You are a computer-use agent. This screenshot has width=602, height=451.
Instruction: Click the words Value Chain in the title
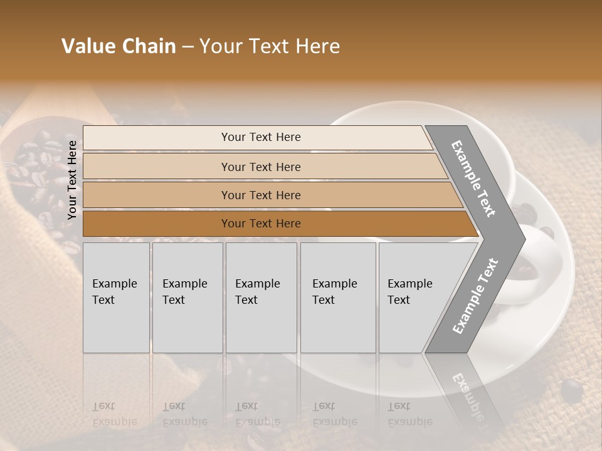[119, 46]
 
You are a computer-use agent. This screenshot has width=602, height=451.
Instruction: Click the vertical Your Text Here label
[72, 180]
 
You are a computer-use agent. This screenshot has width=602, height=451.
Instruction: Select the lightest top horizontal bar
[157, 138]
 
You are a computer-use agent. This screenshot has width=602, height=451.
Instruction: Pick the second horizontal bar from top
[157, 167]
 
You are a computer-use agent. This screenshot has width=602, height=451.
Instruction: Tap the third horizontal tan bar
[157, 195]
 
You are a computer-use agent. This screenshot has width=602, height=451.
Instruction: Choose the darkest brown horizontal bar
[157, 224]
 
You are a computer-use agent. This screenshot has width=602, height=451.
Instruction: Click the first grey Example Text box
[116, 298]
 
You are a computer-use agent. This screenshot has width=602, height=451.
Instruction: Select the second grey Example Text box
[187, 298]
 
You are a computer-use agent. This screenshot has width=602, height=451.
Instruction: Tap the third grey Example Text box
[261, 298]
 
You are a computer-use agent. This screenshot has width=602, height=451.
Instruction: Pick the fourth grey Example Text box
[337, 298]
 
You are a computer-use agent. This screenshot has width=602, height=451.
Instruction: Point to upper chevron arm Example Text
[473, 179]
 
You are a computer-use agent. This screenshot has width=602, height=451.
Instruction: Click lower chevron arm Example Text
[475, 296]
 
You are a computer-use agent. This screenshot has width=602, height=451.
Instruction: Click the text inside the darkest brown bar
[261, 224]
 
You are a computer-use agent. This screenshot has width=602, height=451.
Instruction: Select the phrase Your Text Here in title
[270, 46]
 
